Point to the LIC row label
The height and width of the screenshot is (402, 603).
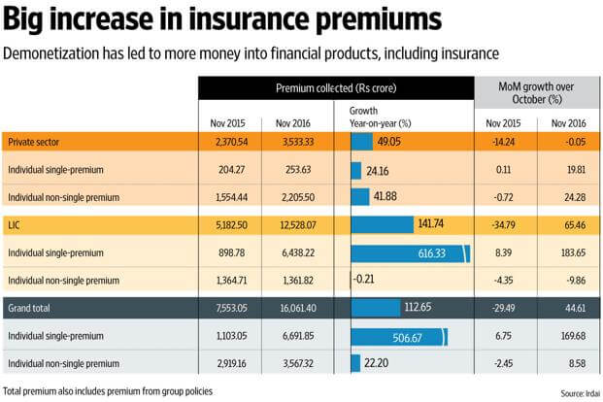coord(15,225)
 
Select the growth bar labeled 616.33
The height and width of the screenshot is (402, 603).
coord(409,253)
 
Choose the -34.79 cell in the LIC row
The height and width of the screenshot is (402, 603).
coord(503,225)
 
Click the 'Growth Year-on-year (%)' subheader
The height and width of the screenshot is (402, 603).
coord(381,117)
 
